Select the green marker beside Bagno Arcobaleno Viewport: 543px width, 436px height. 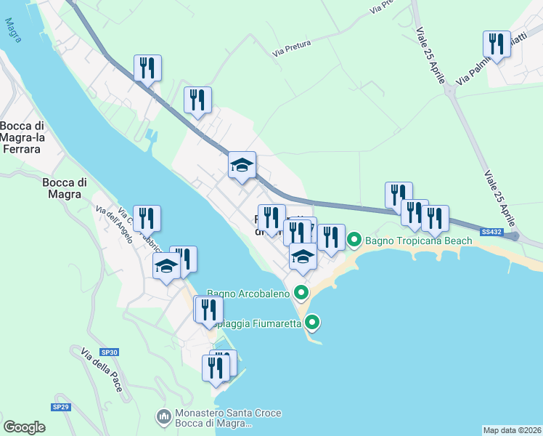[301, 294]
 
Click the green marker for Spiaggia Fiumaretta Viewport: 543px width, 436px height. [313, 322]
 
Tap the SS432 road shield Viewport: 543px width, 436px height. [491, 231]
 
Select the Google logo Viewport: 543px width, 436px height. [24, 427]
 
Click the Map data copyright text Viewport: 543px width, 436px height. [512, 429]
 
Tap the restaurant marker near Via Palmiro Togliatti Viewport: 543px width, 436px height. [497, 44]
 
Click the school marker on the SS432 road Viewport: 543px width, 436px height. [242, 165]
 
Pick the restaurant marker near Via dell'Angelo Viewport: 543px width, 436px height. [147, 218]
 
